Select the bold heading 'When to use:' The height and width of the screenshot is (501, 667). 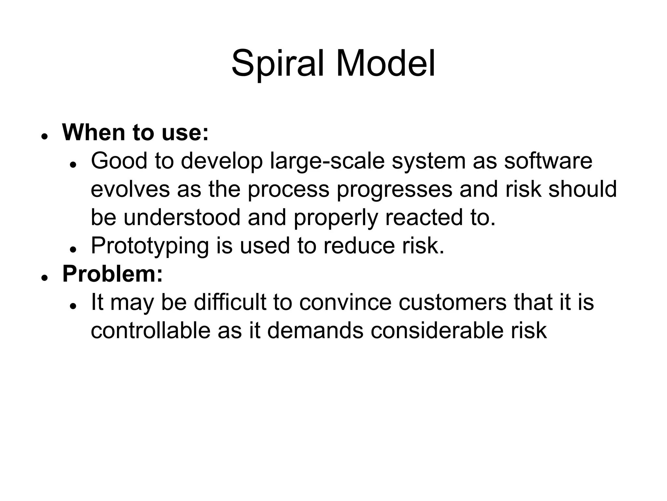point(135,133)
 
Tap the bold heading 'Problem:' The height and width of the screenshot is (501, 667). point(112,274)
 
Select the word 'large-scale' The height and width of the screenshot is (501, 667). point(327,161)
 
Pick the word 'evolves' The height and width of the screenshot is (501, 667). point(130,189)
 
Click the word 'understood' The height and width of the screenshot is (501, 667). point(182,218)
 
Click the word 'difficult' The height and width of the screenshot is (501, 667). point(230,302)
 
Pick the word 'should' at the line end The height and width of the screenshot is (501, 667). point(583,189)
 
